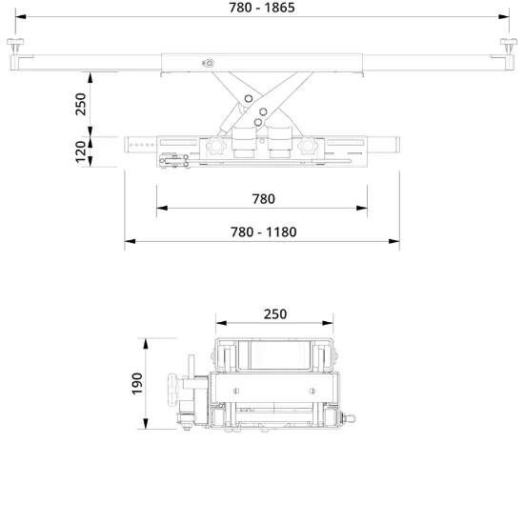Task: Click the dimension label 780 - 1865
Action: tap(262, 8)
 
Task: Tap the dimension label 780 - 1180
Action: tap(263, 232)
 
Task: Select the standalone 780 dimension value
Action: tap(263, 199)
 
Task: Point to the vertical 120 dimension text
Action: tap(81, 151)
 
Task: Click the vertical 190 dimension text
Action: tap(137, 384)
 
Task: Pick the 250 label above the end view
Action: tap(275, 314)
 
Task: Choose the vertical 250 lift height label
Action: tap(81, 104)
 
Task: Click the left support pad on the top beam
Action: tap(15, 45)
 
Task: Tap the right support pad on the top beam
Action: tap(509, 45)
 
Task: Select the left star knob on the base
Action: tap(216, 146)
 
